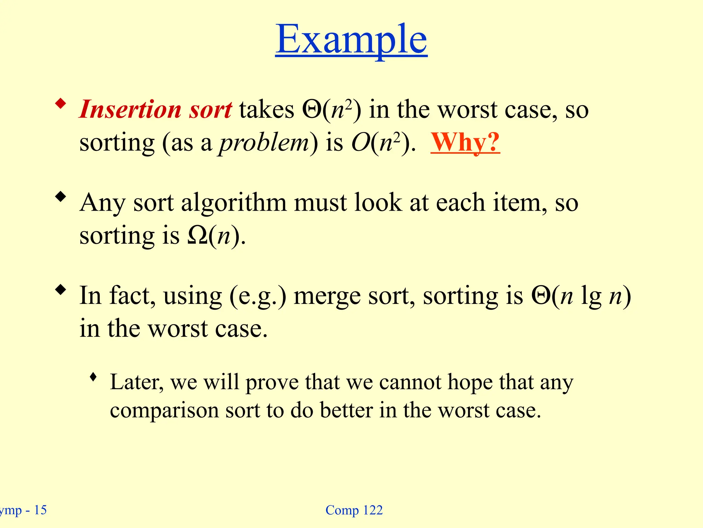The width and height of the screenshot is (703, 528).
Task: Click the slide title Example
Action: point(351,40)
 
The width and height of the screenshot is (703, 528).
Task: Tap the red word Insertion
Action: point(130,109)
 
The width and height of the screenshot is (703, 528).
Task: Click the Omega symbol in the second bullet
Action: point(198,236)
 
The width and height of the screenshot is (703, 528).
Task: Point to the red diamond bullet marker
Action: point(61,103)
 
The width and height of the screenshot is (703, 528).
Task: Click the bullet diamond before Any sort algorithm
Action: point(61,197)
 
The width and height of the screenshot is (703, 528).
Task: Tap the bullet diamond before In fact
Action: point(61,290)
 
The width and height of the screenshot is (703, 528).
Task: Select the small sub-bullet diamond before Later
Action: point(93,377)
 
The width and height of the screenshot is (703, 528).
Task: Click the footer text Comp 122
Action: point(354,510)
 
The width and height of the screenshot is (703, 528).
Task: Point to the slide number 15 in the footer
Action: point(40,510)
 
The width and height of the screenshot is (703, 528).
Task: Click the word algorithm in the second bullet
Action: point(234,203)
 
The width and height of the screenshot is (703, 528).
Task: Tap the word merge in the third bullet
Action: point(327,296)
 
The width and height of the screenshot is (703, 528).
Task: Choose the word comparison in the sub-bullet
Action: point(164,410)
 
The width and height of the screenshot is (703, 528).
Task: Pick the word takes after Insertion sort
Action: point(266,110)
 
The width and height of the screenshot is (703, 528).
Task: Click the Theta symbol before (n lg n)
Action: point(541,296)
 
